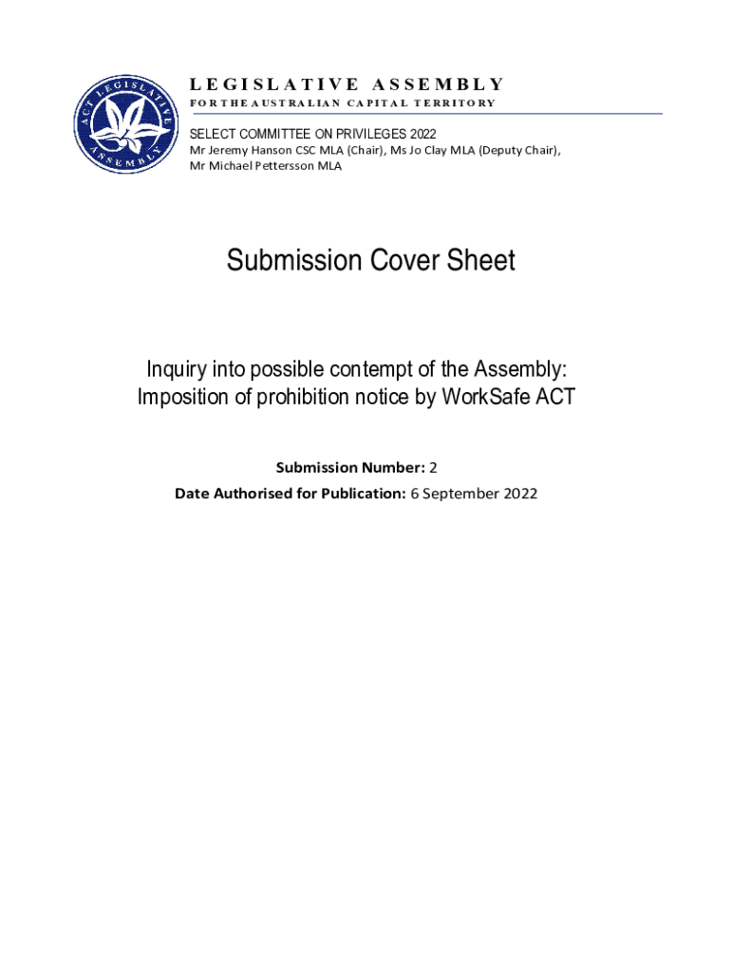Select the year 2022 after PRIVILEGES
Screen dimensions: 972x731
(x=422, y=134)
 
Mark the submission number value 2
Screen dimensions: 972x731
(x=433, y=467)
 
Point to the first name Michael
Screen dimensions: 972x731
(x=232, y=166)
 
